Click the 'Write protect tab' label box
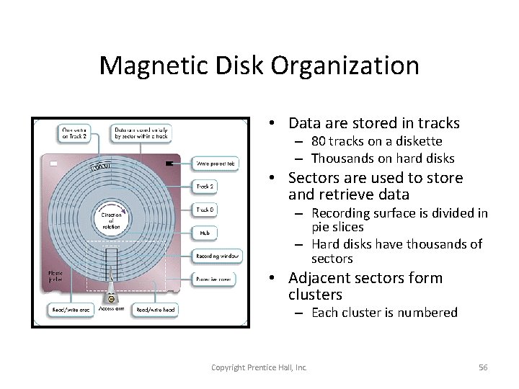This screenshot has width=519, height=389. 216,164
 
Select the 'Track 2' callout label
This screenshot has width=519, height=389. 205,187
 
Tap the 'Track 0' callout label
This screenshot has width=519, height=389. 205,210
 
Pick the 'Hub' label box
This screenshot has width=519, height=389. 205,233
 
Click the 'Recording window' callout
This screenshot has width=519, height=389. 218,256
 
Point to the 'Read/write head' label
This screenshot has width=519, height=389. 155,310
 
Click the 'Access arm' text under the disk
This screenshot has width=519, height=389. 112,308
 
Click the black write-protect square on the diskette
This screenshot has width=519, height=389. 169,164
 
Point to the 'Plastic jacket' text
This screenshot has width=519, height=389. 55,277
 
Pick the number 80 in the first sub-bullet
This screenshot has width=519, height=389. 319,141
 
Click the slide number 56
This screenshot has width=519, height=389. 483,367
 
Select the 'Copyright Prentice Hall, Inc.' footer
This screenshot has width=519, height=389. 259,367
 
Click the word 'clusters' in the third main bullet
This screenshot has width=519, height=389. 315,295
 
